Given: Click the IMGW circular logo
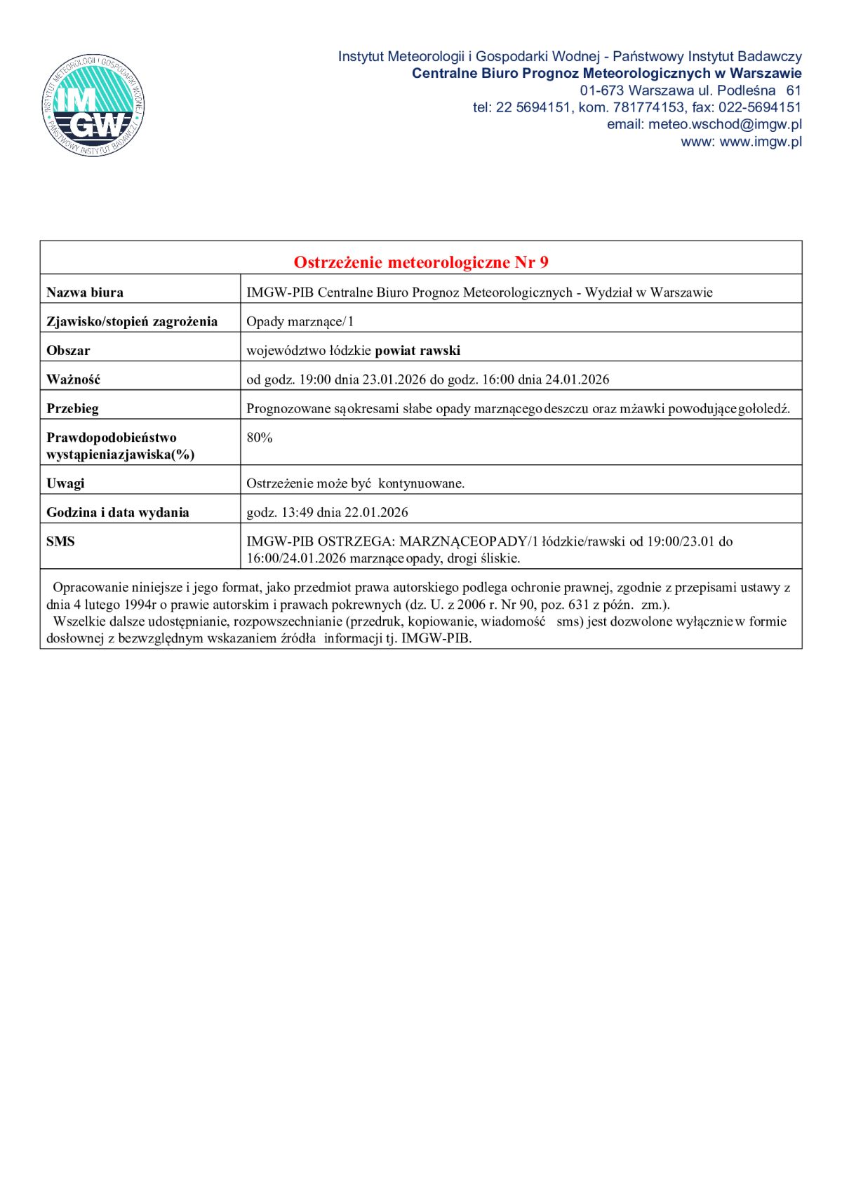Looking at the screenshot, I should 93,106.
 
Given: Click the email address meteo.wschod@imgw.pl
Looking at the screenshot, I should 725,125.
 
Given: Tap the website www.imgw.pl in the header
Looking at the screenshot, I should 761,142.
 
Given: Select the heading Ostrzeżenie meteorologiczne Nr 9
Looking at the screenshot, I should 421,262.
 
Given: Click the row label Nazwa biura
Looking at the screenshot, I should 85,292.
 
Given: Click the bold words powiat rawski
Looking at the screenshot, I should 417,351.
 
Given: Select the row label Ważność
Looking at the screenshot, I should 73,379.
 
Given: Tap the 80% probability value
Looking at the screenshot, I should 260,438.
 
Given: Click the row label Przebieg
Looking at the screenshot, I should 72,408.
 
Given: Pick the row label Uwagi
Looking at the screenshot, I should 65,483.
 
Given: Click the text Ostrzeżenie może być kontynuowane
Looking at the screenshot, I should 355,483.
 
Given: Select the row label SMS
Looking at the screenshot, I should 60,541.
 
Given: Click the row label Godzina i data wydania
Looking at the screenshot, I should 117,513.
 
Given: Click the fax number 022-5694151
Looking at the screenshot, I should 760,107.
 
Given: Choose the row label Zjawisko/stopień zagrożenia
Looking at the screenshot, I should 132,322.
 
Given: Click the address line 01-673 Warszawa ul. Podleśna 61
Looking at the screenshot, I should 690,90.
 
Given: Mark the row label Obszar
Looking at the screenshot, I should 68,351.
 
